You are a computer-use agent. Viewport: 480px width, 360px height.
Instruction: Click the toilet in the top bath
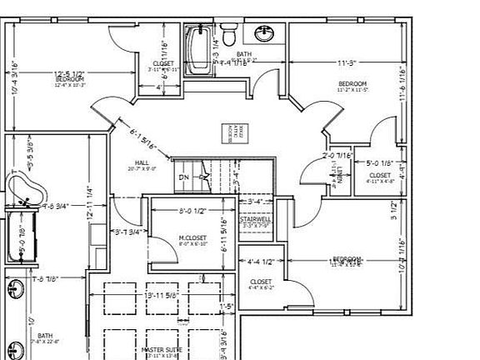(x=233, y=34)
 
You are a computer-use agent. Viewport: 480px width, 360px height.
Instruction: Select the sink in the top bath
(x=265, y=34)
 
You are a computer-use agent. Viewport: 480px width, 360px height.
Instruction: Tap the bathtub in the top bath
(x=197, y=49)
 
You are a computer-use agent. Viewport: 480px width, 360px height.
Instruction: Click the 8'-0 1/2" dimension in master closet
(x=192, y=211)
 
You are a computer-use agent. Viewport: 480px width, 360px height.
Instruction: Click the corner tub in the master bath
(x=22, y=189)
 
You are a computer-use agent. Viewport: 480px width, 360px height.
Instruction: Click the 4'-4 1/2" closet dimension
(x=262, y=261)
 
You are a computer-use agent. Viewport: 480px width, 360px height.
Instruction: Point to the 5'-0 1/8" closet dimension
(x=379, y=163)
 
